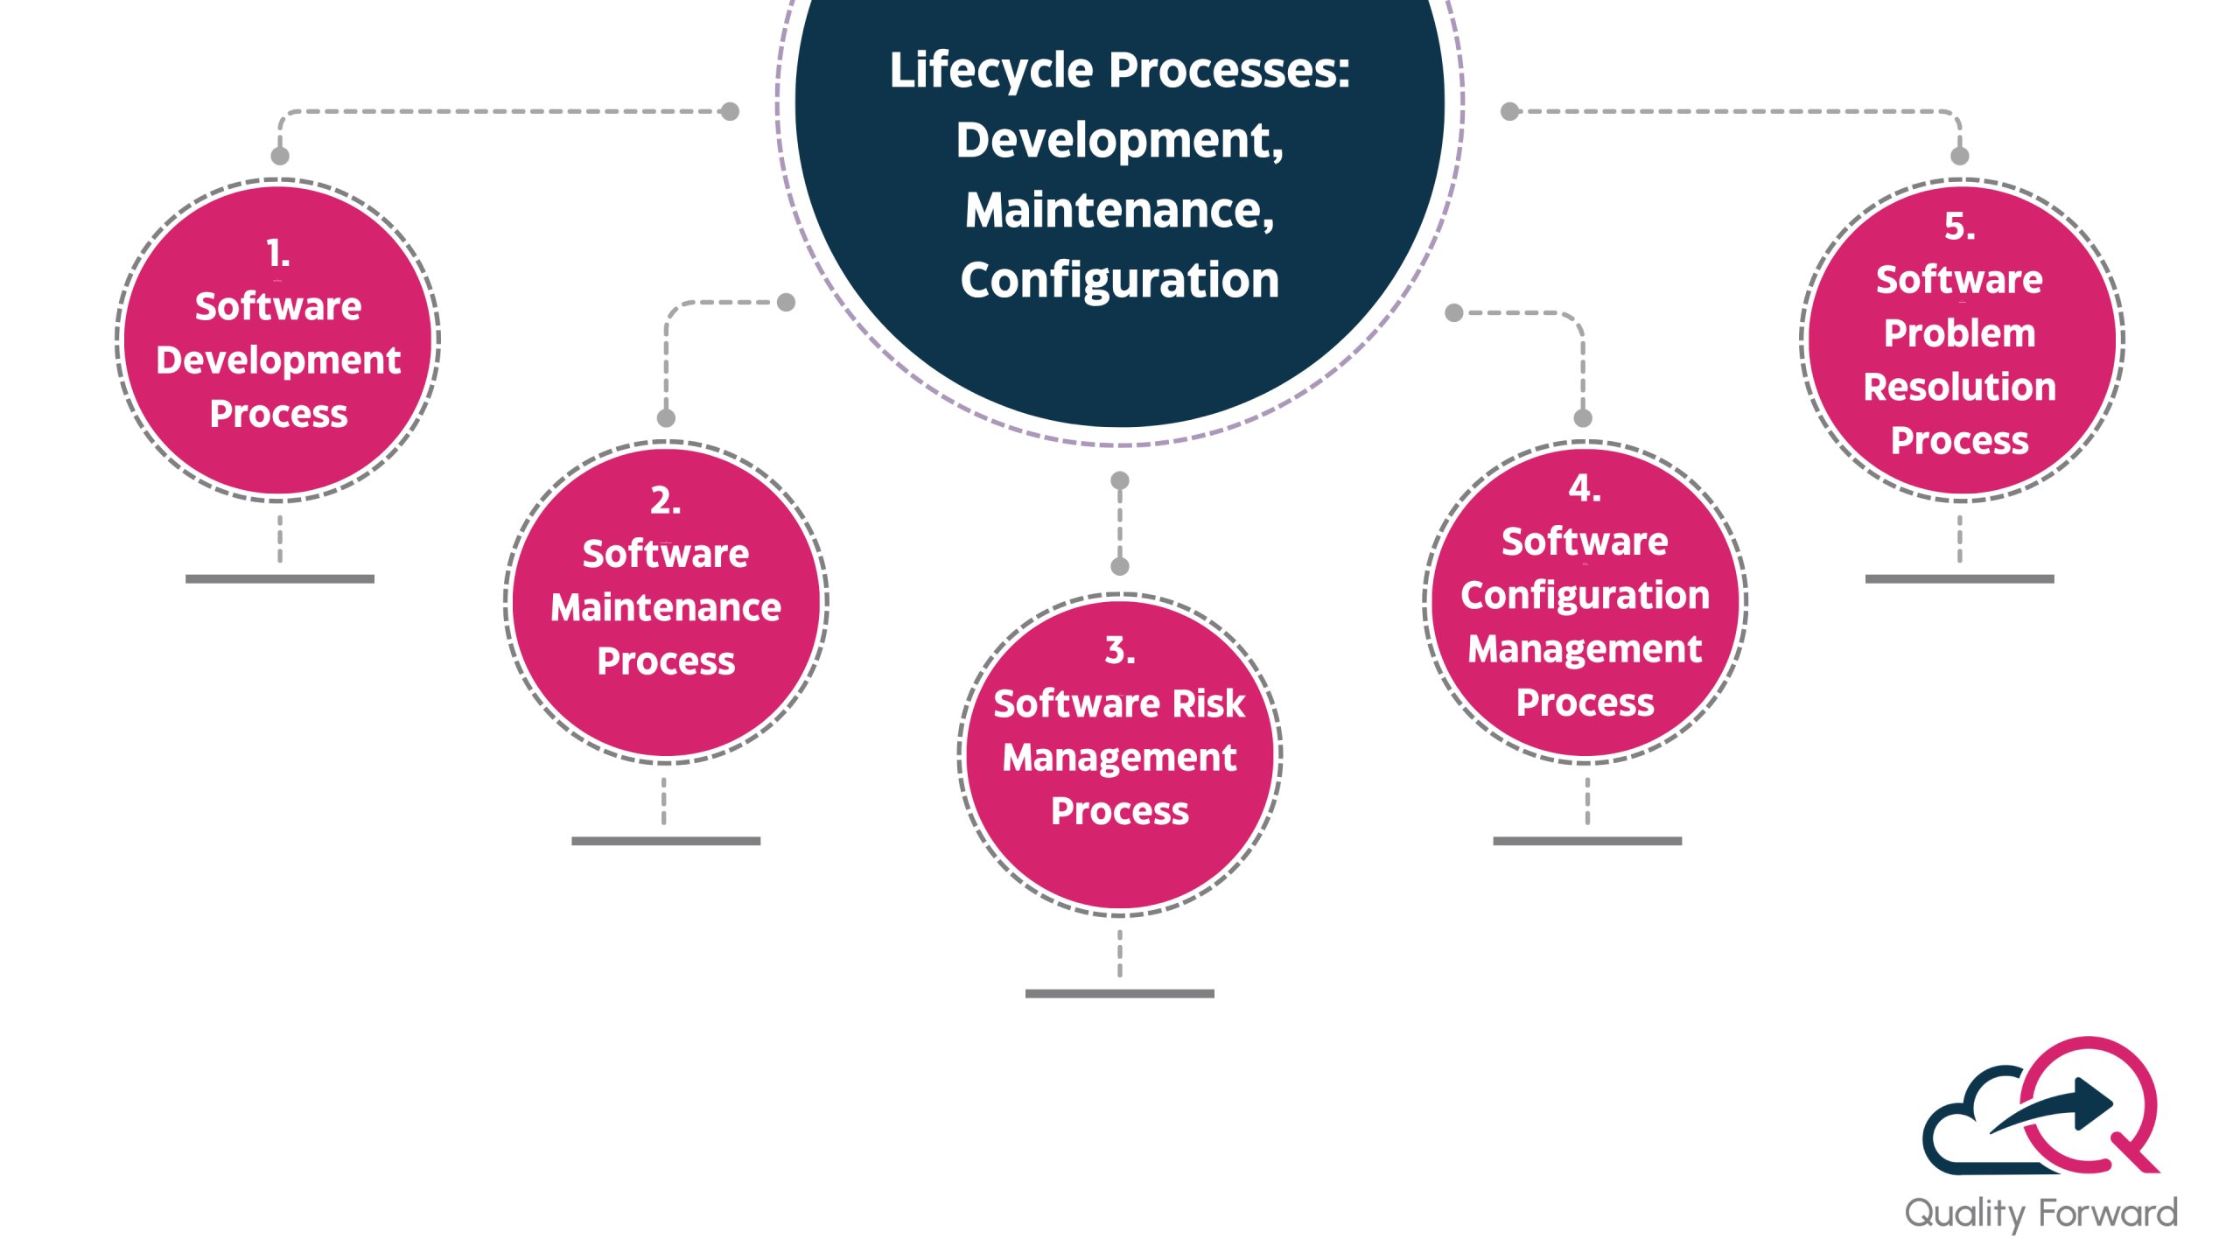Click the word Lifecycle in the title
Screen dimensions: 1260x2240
point(990,72)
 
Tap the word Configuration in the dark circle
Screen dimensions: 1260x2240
point(1119,281)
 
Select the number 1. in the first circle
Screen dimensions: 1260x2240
point(278,254)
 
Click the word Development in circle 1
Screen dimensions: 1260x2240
point(278,360)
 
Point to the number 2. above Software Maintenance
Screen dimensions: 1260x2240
point(666,500)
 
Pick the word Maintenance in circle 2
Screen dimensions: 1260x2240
point(666,607)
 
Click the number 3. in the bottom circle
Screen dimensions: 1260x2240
point(1120,650)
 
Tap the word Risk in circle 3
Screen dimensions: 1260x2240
point(1208,703)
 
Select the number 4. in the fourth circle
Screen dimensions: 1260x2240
point(1585,488)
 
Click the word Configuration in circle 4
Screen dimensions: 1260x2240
point(1585,596)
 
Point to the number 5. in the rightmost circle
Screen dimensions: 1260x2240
point(1960,227)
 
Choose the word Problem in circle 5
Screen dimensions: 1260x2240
point(1960,333)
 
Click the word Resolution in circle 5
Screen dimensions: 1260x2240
point(1960,388)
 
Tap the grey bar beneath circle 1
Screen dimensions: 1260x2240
point(280,578)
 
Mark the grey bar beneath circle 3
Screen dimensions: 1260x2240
point(1120,993)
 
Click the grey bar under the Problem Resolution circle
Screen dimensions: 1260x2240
point(1960,578)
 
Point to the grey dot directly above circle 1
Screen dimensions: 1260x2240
point(280,156)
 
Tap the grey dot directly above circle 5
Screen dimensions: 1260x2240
point(1960,156)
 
